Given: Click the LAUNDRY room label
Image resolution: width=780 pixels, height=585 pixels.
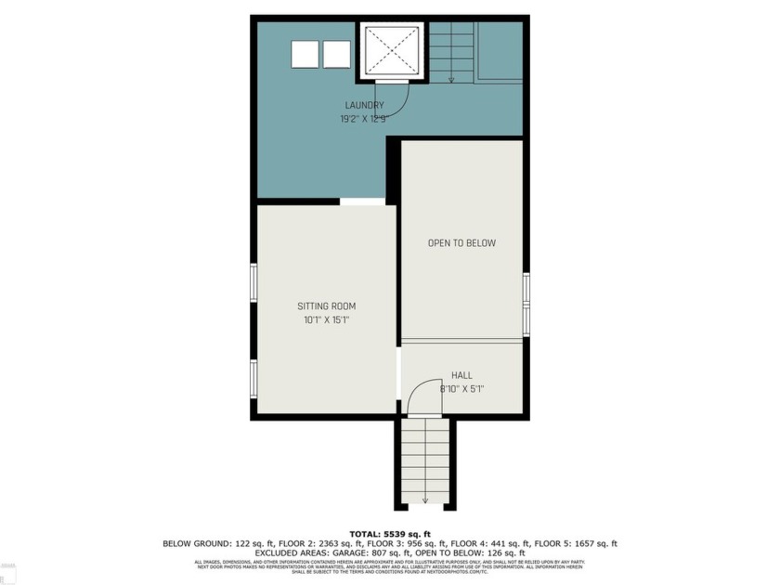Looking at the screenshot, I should (364, 105).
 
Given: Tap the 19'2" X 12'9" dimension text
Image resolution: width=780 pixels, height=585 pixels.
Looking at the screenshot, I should (364, 118).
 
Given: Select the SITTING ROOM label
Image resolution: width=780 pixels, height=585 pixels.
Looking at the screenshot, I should (326, 305).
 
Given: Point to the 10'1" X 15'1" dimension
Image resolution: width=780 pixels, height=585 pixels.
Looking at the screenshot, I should (326, 319).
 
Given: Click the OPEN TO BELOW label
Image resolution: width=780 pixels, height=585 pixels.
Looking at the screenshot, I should (461, 243).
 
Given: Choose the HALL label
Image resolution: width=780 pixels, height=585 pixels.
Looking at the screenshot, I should (461, 375).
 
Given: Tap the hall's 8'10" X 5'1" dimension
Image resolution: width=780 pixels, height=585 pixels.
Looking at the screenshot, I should (461, 389).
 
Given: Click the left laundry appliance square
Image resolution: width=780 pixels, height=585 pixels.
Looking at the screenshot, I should (305, 54).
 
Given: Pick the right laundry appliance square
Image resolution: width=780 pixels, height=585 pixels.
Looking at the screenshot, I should (336, 54).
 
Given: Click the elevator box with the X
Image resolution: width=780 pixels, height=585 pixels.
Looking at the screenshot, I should (391, 53).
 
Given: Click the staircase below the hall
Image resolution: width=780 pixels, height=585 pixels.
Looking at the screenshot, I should (426, 461).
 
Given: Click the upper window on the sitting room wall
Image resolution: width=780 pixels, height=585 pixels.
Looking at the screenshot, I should (253, 282).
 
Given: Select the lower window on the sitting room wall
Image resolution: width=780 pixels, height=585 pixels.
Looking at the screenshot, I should (253, 378).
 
